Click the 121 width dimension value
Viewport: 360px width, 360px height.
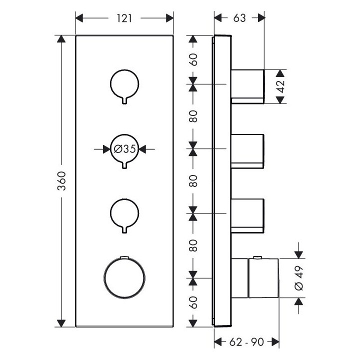(124, 18)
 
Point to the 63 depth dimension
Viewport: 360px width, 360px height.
(239, 18)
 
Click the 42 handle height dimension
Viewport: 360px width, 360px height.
(280, 86)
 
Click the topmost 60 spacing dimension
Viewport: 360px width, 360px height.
(193, 59)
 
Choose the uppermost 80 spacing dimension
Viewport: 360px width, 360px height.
(193, 116)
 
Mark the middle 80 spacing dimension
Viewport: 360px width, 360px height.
(193, 180)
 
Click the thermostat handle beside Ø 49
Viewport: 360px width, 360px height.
(262, 278)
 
